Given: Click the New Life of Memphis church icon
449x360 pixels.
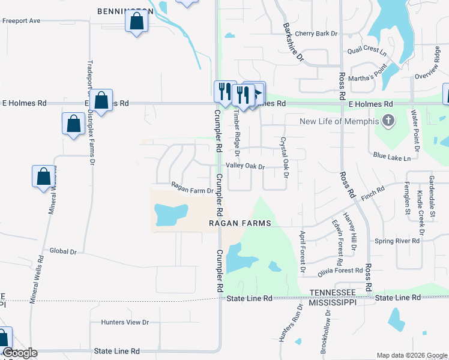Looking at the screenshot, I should [388, 121].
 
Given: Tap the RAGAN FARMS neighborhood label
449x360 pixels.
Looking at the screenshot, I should [240, 223].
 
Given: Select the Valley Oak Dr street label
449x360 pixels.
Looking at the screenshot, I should [245, 166].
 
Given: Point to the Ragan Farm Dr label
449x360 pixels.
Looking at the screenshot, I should [192, 191].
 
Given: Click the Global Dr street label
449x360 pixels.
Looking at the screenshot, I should [64, 251].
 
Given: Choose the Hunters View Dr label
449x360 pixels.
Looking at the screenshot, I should [125, 322].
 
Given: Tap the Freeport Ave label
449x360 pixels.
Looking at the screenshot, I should [21, 20].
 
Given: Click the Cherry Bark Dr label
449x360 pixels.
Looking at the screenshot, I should [316, 34].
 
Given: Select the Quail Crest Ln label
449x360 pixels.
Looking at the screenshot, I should [367, 50].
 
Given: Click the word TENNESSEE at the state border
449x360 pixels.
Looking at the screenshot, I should [332, 292].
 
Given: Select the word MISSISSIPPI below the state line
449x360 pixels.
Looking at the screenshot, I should [333, 302].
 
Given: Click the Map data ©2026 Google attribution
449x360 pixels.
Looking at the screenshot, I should [411, 355].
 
